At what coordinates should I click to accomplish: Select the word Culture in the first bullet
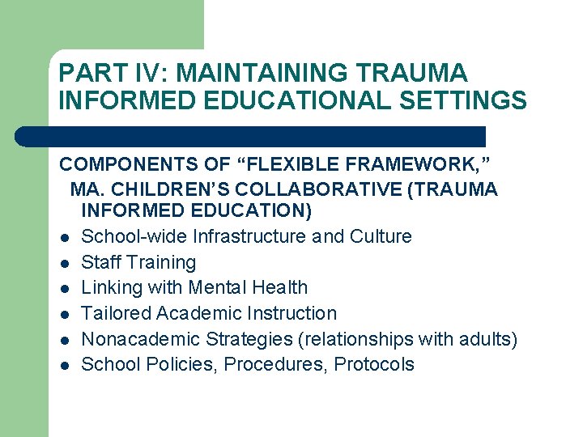[x=381, y=236]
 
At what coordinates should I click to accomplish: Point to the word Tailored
[x=114, y=313]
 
